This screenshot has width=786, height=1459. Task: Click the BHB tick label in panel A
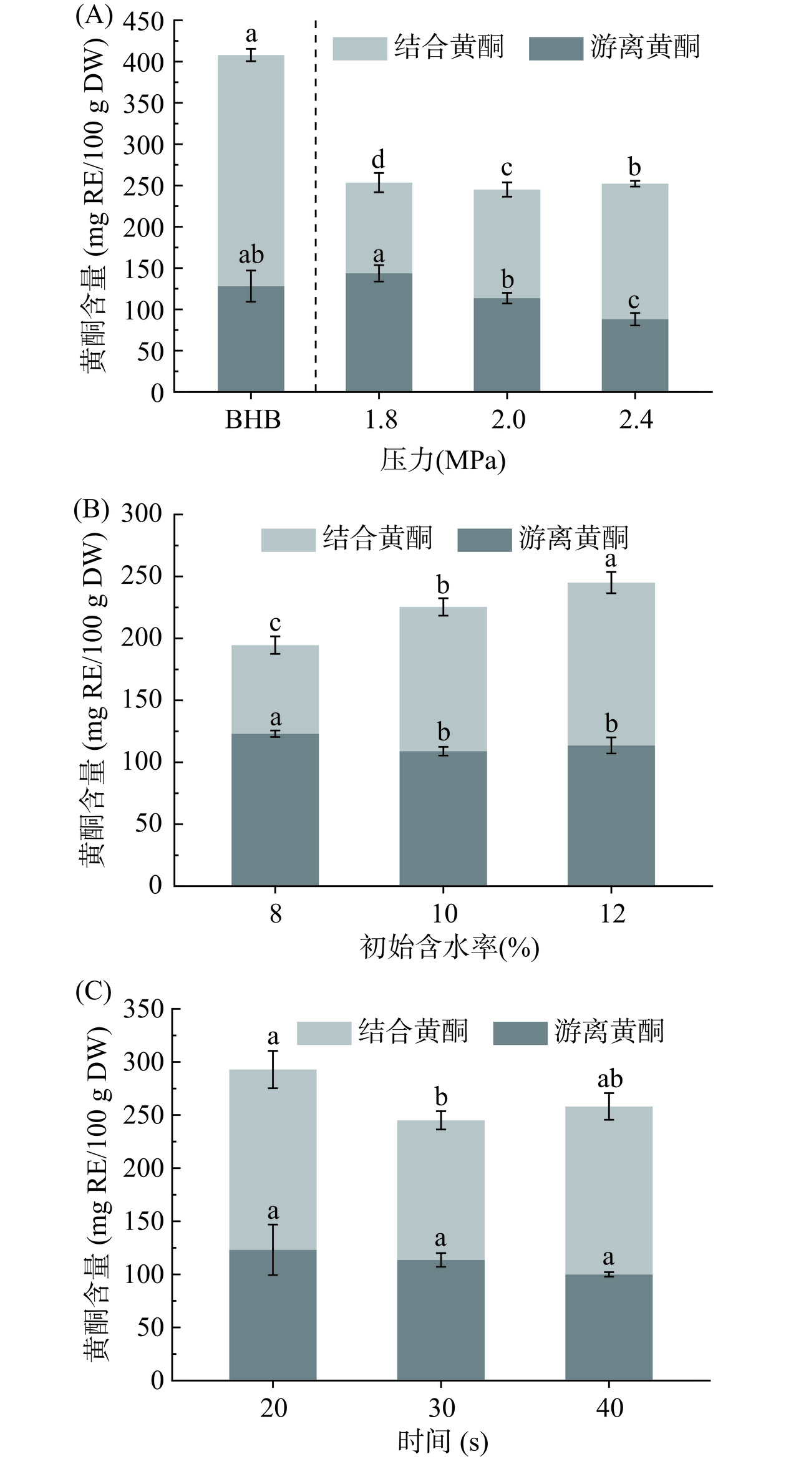(x=252, y=420)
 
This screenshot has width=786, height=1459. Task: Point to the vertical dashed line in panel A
(x=316, y=206)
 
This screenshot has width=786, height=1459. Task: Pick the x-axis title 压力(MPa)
(x=442, y=461)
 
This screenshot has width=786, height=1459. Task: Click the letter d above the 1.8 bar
(x=378, y=160)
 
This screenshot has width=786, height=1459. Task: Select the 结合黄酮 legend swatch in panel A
(x=359, y=49)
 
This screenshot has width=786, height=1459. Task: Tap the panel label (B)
(x=91, y=510)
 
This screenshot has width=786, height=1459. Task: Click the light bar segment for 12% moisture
(x=611, y=664)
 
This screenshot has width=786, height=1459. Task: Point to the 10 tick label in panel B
(x=444, y=914)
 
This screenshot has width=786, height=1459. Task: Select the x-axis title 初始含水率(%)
(x=449, y=947)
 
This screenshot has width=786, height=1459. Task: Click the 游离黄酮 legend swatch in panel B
(x=484, y=540)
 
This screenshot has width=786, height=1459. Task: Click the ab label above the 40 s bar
(x=609, y=1079)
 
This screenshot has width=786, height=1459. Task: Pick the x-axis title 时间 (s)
(x=442, y=1441)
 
